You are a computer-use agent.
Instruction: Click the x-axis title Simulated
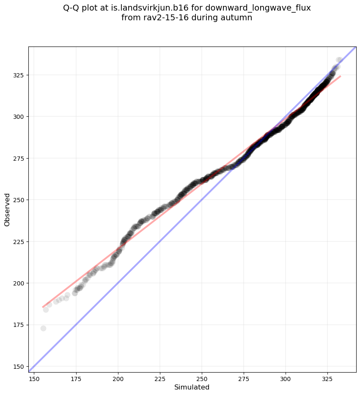click(x=192, y=387)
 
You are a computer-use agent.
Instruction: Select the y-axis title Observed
click(x=7, y=210)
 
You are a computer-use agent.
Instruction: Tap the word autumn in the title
click(x=239, y=18)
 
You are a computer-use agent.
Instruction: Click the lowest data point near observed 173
click(x=43, y=328)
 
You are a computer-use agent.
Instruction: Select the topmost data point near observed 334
click(x=339, y=60)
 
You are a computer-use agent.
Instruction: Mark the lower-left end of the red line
click(x=43, y=307)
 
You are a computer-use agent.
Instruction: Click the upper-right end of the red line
click(x=340, y=76)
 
